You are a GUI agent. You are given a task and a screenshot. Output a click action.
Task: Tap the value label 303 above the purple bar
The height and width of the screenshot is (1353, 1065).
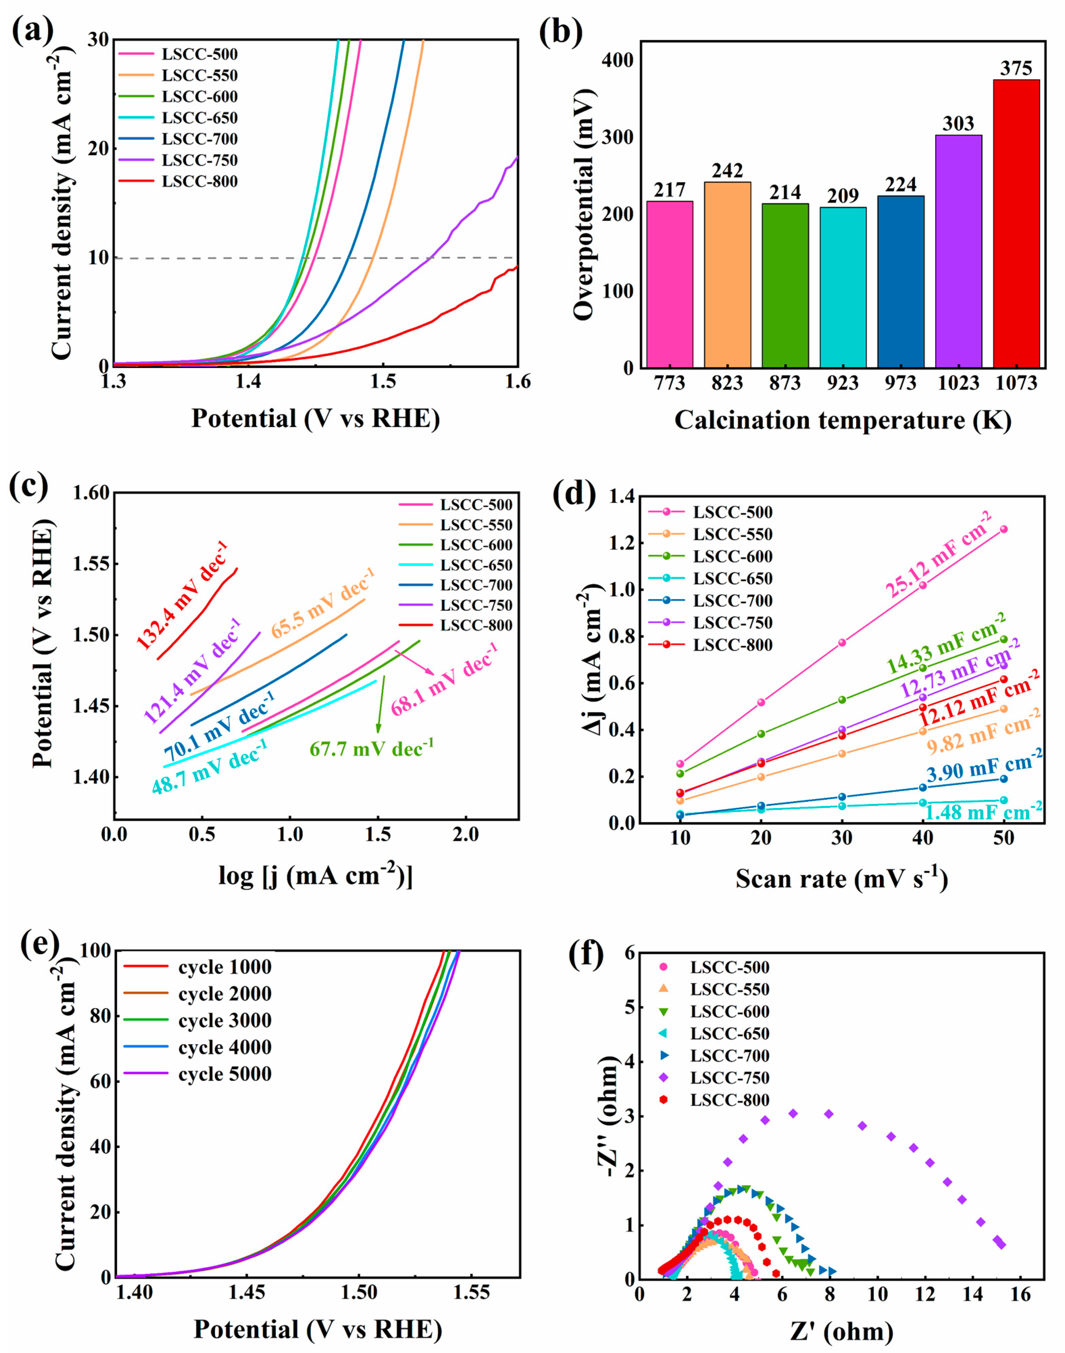[958, 124]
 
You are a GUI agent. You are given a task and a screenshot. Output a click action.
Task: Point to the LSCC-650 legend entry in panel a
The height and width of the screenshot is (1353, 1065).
[200, 118]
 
